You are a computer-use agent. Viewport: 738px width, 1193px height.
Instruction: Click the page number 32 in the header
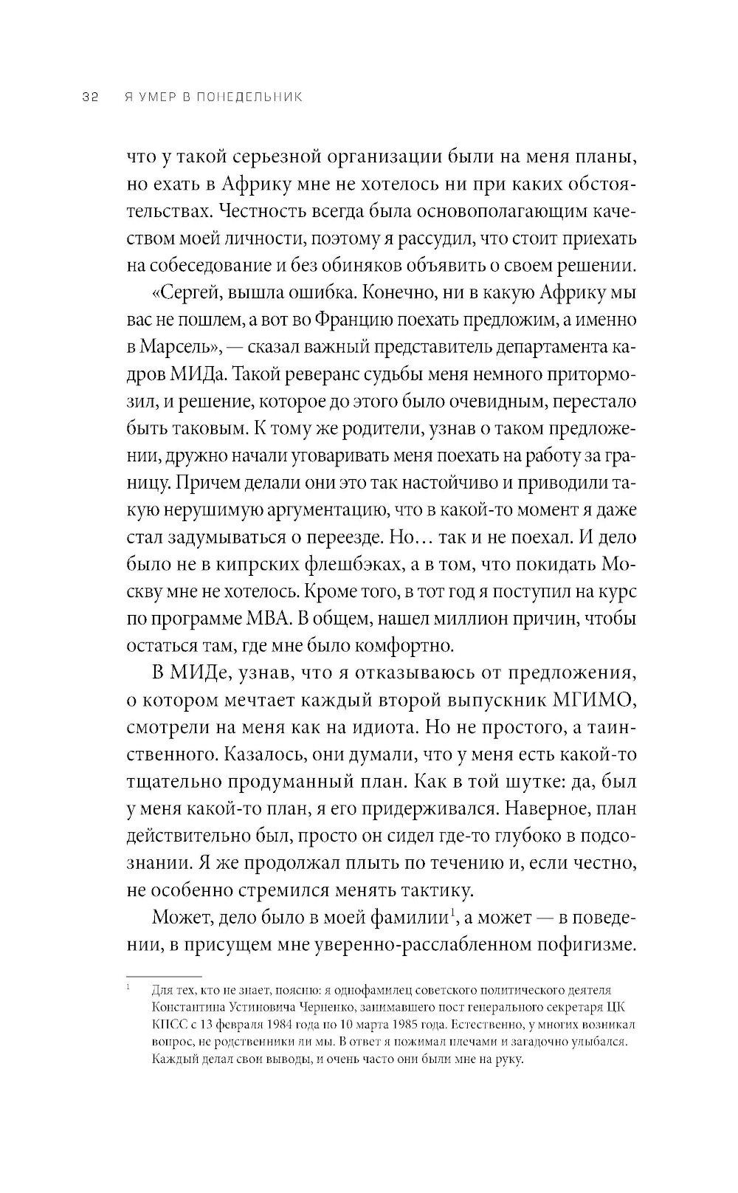point(90,99)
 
